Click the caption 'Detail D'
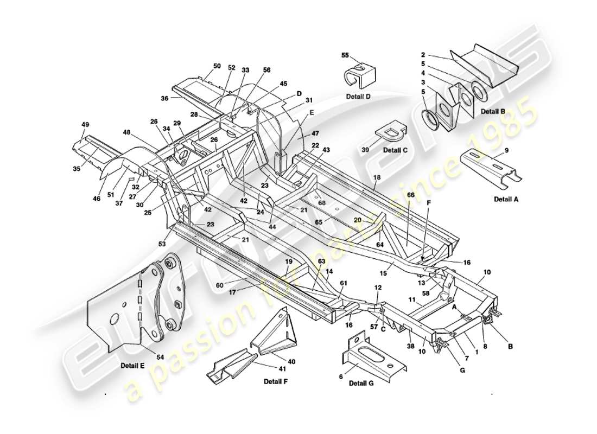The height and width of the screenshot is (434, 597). coord(358,96)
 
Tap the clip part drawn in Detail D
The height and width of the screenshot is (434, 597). coord(360,75)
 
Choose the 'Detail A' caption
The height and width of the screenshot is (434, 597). coord(506,199)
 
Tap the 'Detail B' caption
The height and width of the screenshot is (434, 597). coord(493,111)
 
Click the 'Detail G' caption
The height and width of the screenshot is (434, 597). coord(362,383)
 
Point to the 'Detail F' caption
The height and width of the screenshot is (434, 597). coord(275,381)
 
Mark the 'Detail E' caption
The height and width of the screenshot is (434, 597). coord(132,365)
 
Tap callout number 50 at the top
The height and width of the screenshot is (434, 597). coord(217,66)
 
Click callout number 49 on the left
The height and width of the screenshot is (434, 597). coord(85,125)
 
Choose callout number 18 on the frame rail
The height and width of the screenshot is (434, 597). coord(377,178)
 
